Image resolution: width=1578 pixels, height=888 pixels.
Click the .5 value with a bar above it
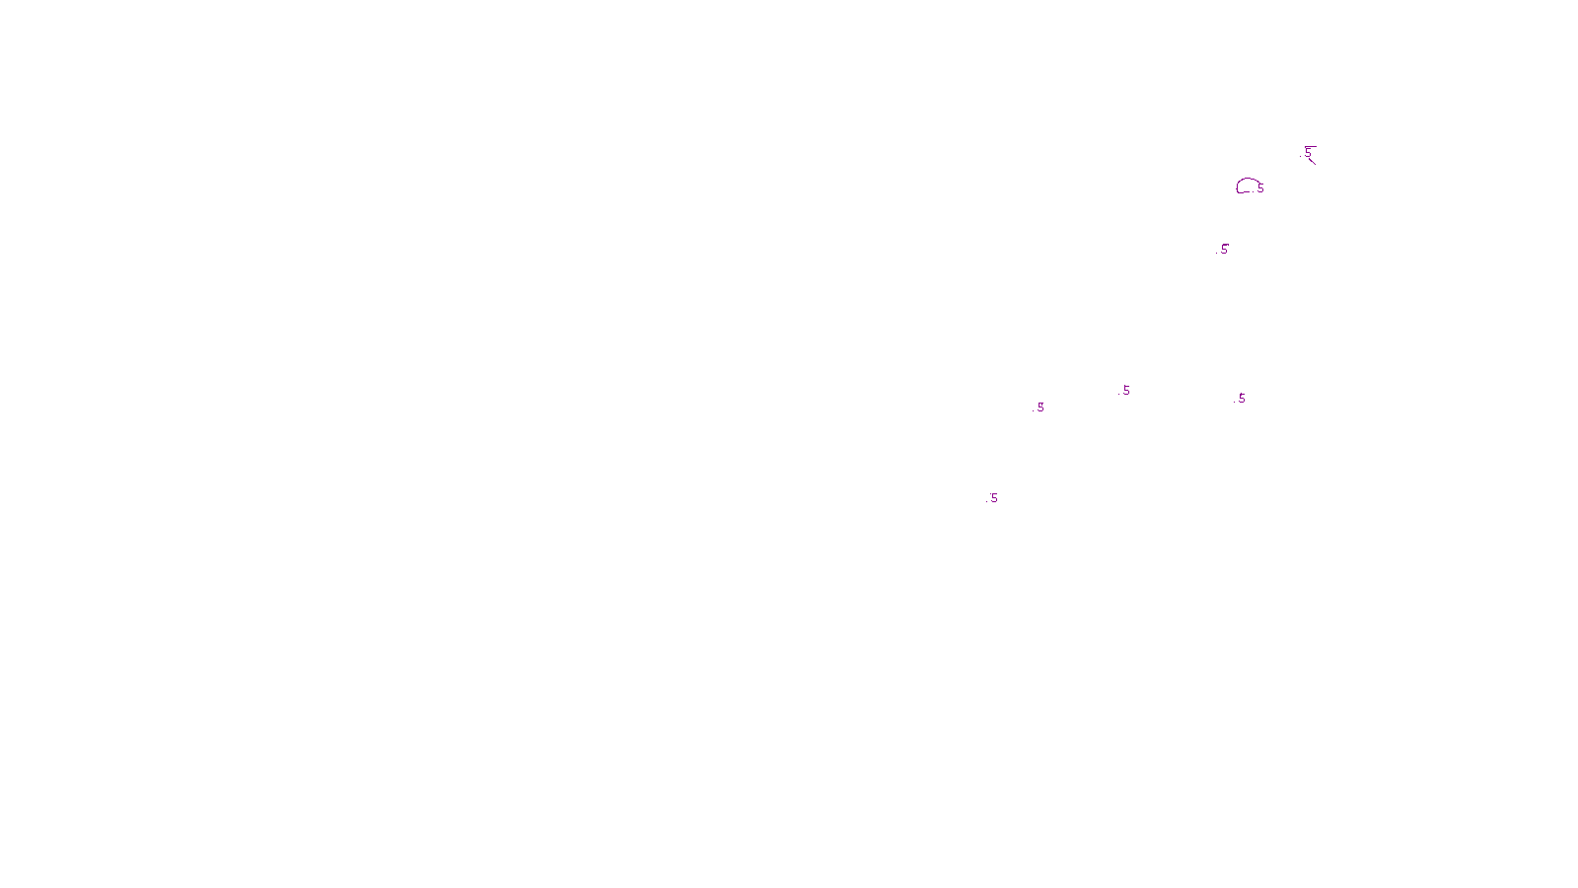pos(1308,153)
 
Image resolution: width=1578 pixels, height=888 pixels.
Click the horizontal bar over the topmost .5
pos(1311,147)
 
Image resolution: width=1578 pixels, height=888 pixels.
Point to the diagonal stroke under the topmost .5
pos(1312,161)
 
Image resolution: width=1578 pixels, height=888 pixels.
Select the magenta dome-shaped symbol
pos(1247,185)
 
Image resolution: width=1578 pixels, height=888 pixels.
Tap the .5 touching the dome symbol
pos(1260,188)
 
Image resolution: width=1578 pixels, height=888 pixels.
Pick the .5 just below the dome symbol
pos(1224,250)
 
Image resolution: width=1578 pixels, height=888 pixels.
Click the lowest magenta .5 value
pos(993,498)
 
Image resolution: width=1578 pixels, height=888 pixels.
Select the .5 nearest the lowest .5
pos(1040,407)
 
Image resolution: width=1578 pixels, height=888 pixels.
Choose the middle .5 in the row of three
pos(1125,391)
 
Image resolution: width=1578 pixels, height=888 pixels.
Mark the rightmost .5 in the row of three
pos(1241,399)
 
